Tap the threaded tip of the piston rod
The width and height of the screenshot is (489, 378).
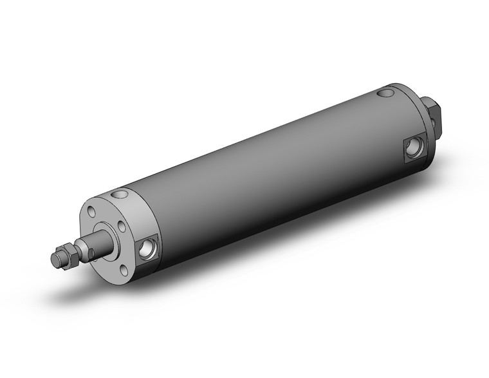(56, 259)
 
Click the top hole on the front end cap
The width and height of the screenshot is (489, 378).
(119, 193)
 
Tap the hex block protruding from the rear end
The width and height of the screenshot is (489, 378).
(433, 116)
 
